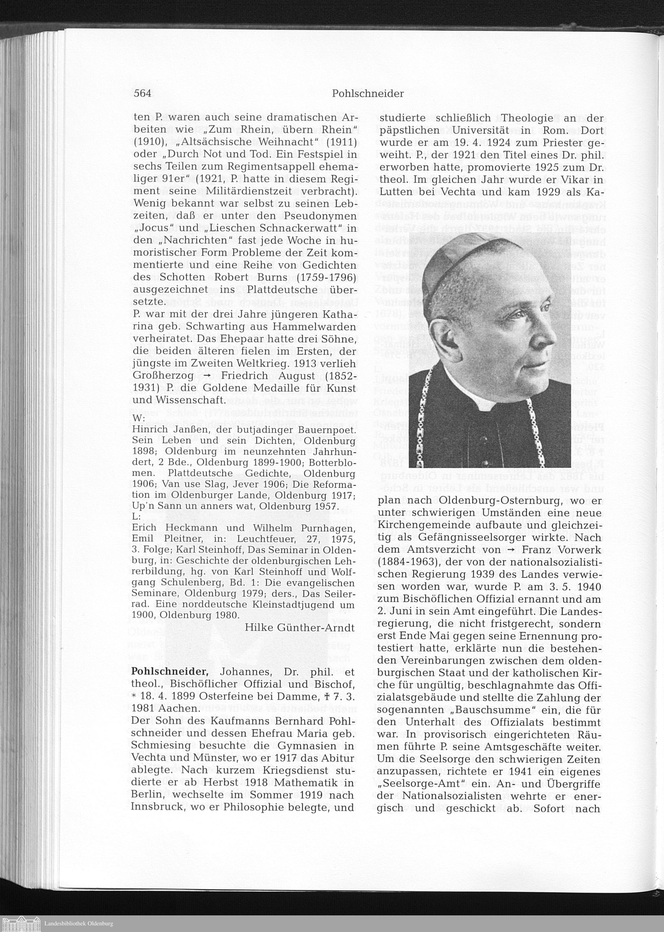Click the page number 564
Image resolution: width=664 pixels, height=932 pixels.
click(x=142, y=93)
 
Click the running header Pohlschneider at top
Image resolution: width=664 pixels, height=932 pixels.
click(x=368, y=94)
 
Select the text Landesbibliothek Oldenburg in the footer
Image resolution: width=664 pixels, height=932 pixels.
click(x=78, y=923)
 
